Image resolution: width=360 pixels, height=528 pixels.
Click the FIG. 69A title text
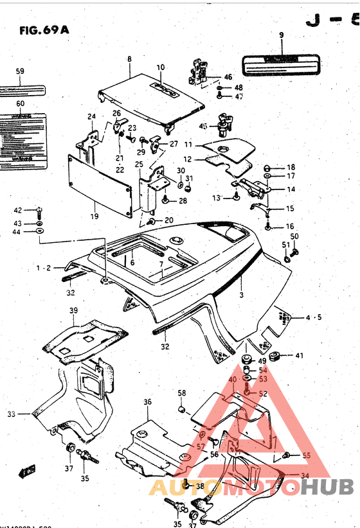point(44,30)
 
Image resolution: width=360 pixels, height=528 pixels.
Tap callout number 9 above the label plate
point(281,35)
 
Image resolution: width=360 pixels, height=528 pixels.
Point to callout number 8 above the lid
point(129,59)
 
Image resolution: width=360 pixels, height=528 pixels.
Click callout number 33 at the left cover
point(11,414)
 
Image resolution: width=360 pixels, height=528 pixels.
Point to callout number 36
point(147,402)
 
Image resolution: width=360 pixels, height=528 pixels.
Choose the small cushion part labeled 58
point(182,409)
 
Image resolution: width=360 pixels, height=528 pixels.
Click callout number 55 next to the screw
point(306,455)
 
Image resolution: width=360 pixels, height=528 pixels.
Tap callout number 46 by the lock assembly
point(228,77)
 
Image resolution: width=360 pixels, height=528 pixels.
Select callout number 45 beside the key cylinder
point(203,126)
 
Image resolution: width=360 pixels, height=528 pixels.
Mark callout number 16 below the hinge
point(290,226)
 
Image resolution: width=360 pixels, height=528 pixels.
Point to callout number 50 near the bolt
point(294,237)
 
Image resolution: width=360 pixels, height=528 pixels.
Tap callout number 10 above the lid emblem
point(160,67)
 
